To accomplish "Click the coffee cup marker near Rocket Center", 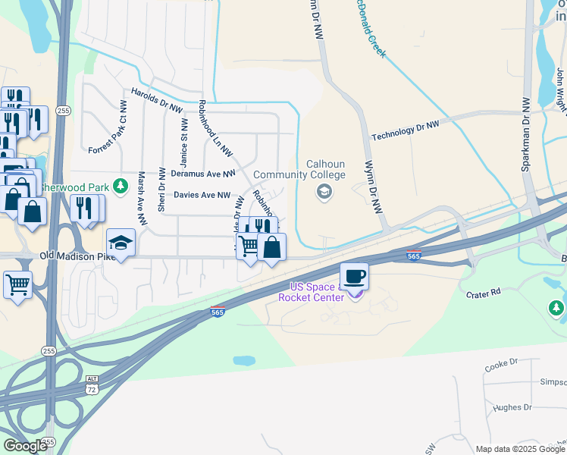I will click(x=354, y=276).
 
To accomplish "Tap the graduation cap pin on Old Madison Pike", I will click(x=121, y=243).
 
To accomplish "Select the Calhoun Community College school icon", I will click(x=324, y=191).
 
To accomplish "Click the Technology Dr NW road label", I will click(x=405, y=130).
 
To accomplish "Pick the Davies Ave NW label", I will click(x=202, y=195).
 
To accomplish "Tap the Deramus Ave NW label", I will click(x=202, y=174).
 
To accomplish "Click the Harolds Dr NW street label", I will click(x=157, y=99).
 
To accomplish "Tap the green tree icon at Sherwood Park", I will click(x=119, y=186).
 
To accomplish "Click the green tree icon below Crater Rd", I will click(x=556, y=308).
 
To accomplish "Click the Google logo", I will click(x=24, y=445).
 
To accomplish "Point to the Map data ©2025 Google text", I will click(x=519, y=449).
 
